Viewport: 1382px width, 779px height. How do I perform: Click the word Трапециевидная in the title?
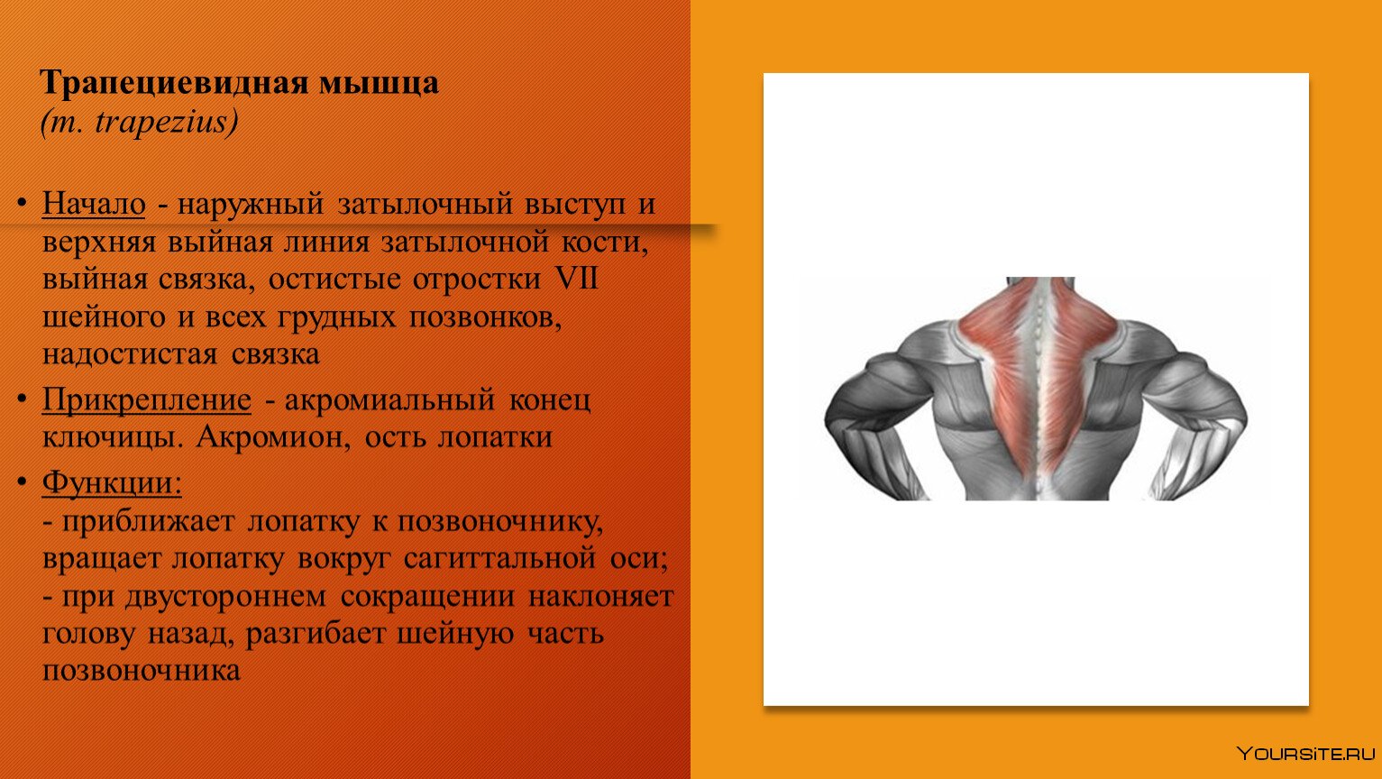coord(175,83)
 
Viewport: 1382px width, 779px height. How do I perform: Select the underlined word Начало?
coord(94,203)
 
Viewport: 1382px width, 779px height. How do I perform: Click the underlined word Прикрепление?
coord(147,399)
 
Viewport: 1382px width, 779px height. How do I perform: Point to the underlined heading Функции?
coord(112,482)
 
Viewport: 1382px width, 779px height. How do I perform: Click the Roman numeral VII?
coord(577,278)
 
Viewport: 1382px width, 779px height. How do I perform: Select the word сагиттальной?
coord(499,559)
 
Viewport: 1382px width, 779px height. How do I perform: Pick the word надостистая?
coord(130,354)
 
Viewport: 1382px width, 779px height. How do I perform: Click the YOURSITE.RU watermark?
coord(1305,754)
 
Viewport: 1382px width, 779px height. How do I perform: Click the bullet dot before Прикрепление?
coord(23,399)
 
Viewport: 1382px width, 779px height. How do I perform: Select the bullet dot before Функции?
coord(23,481)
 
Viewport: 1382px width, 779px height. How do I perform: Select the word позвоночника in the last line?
coord(142,671)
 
